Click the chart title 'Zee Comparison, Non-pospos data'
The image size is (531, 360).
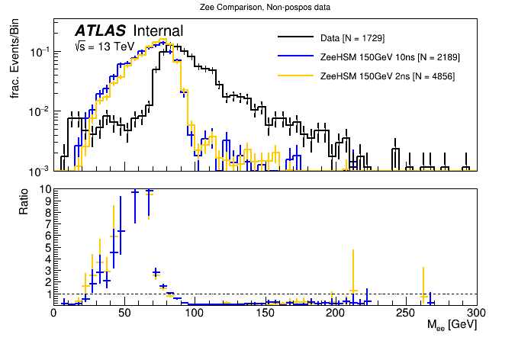[x=265, y=8]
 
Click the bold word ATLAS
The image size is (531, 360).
[x=101, y=31]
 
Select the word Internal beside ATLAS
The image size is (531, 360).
[x=158, y=31]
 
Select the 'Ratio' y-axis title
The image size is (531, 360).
[x=24, y=200]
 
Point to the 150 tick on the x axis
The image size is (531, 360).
[x=265, y=313]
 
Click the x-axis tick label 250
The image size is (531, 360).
[x=406, y=313]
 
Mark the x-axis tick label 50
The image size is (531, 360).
[x=124, y=313]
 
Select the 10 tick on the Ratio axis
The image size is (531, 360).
[x=45, y=189]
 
